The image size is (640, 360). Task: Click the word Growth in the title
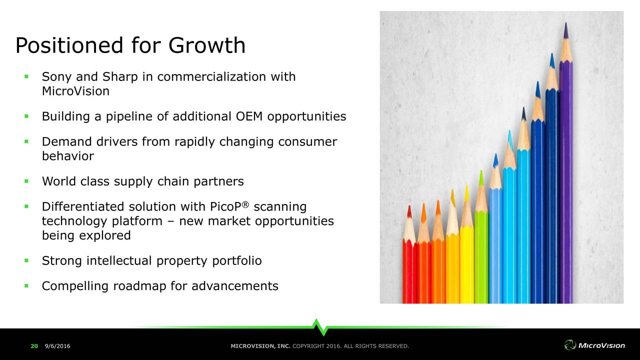[207, 45]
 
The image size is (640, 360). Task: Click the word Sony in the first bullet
[56, 77]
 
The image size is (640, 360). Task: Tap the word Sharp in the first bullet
[120, 77]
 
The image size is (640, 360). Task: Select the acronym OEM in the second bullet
[249, 116]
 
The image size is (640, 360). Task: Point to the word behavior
[68, 156]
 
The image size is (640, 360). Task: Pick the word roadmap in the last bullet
[139, 286]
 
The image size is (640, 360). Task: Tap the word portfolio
[237, 261]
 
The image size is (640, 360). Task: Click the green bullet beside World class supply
[26, 181]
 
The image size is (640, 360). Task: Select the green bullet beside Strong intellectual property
[26, 260]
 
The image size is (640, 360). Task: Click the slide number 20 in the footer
[34, 346]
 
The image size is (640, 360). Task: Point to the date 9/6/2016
[57, 346]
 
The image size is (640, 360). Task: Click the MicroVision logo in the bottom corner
[594, 345]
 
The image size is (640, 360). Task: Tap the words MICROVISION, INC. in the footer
[260, 346]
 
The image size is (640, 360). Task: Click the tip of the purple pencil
[566, 23]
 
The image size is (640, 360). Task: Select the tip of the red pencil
[409, 205]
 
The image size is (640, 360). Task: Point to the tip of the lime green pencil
[481, 170]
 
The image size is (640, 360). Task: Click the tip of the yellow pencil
[467, 185]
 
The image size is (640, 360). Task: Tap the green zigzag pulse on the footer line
[320, 327]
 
